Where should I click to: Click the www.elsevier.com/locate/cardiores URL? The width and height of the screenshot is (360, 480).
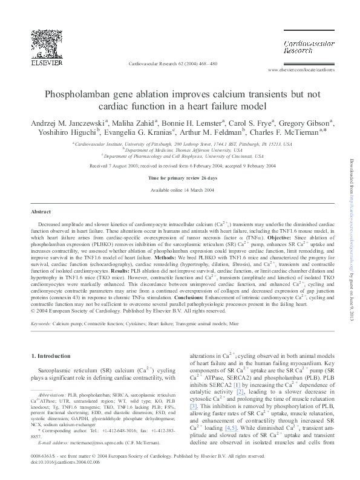(301, 71)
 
